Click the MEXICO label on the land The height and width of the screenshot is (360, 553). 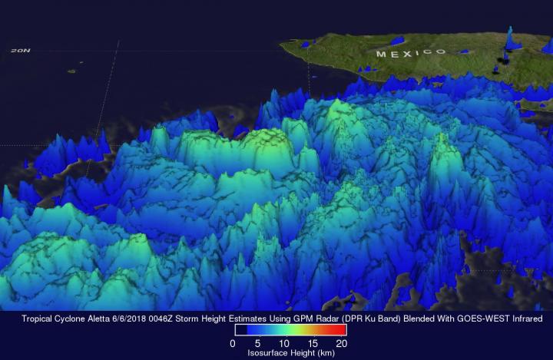click(410, 53)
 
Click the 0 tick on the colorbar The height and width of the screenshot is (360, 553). click(233, 343)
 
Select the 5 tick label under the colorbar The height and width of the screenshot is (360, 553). click(259, 343)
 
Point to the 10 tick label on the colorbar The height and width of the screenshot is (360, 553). click(285, 343)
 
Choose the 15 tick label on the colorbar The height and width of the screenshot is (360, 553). click(313, 343)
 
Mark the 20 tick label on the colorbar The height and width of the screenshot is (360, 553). click(341, 343)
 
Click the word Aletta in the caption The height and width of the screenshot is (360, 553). click(97, 318)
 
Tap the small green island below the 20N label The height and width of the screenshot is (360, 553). click(71, 71)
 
